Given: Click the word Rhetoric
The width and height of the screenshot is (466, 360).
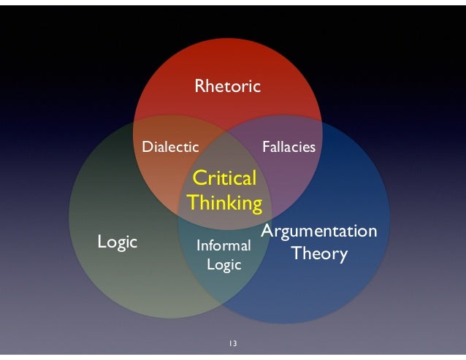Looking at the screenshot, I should click(x=227, y=87).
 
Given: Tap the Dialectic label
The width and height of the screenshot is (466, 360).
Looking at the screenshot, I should click(x=170, y=147).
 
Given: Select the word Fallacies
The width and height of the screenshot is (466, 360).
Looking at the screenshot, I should click(x=289, y=147).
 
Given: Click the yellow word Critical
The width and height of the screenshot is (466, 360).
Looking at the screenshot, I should click(x=224, y=178).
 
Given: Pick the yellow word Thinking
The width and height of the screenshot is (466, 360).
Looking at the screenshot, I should click(x=224, y=202).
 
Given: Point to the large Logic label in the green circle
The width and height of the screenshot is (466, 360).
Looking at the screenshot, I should click(x=118, y=242).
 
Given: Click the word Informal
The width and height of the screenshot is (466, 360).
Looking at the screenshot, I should click(x=224, y=247).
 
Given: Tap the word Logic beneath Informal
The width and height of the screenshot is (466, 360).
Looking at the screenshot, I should click(x=224, y=265).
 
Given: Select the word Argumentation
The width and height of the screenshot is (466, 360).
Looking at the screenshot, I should click(x=319, y=231).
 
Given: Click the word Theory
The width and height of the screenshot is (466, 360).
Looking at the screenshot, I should click(x=319, y=254).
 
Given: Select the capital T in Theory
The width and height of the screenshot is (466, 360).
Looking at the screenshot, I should click(x=296, y=254).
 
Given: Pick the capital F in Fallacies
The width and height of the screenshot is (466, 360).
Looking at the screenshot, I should click(x=265, y=147).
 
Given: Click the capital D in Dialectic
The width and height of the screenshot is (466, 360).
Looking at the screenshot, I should click(x=146, y=147).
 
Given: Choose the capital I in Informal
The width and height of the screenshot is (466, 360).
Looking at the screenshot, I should click(x=199, y=247).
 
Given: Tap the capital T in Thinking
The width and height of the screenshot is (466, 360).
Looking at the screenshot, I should click(x=192, y=202).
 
